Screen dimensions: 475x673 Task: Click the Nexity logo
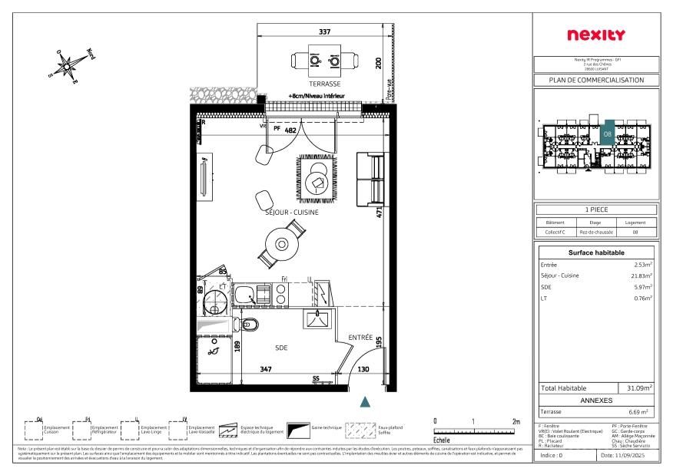(x=595, y=35)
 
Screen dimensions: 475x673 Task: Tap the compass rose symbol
(x=68, y=66)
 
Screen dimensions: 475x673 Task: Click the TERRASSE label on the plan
(x=325, y=84)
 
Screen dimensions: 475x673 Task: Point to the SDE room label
(x=281, y=348)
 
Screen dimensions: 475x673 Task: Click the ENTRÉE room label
(x=360, y=337)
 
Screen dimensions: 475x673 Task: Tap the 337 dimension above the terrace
(x=324, y=32)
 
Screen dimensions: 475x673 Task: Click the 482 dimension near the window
(x=290, y=130)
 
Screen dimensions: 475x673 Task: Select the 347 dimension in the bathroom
(x=266, y=370)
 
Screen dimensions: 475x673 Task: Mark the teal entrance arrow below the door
(x=366, y=401)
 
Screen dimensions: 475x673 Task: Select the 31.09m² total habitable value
(x=639, y=389)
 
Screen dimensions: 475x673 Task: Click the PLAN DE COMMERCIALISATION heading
(x=595, y=80)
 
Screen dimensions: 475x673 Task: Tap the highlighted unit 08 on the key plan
(x=607, y=134)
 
